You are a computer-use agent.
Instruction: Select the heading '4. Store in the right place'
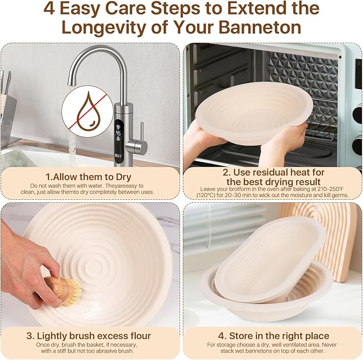point(272,336)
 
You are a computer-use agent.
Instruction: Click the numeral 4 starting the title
point(50,9)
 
